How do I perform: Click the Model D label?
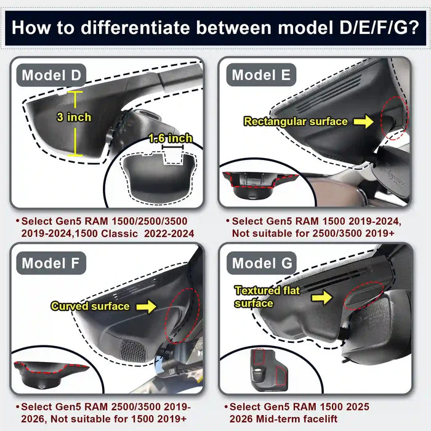pos(51,76)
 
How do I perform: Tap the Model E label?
pos(261,76)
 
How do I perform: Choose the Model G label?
pos(262,264)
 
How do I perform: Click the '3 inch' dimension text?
pos(74,117)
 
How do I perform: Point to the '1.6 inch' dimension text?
pos(170,139)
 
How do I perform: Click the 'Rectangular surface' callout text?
pos(296,122)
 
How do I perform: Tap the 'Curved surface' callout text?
pos(90,306)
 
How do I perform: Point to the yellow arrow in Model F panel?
pos(147,306)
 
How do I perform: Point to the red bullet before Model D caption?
pos(17,220)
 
